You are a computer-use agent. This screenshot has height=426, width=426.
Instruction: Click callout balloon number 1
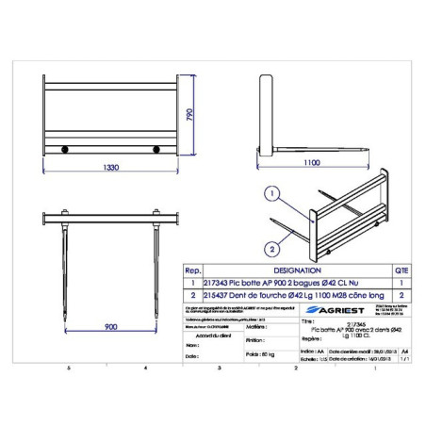pyautogui.click(x=270, y=195)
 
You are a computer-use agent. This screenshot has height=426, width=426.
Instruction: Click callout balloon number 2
pyautogui.click(x=270, y=249)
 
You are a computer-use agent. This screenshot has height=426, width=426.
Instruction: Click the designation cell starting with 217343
pyautogui.click(x=264, y=281)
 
